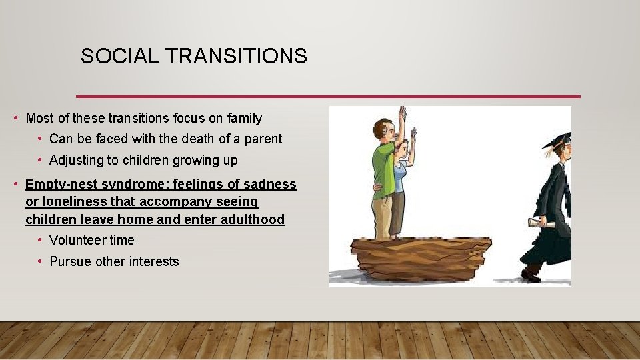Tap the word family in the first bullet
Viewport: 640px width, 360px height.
click(x=245, y=119)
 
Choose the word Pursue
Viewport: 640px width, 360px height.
click(x=71, y=262)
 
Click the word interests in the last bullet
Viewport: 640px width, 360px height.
click(x=155, y=262)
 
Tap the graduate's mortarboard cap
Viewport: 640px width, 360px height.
click(x=559, y=139)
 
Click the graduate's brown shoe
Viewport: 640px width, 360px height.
click(x=531, y=274)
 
